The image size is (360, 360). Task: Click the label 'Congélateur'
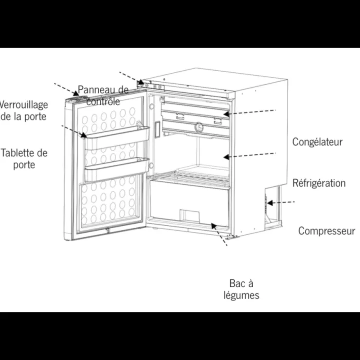(x=317, y=142)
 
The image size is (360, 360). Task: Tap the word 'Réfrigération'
(x=319, y=183)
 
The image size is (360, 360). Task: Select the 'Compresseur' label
(x=326, y=231)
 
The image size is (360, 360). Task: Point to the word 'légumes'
(x=241, y=295)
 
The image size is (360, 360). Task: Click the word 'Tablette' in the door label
(x=18, y=153)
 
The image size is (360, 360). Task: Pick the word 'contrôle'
(x=103, y=102)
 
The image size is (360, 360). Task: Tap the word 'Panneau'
(x=94, y=90)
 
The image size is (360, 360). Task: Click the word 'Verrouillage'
(x=24, y=105)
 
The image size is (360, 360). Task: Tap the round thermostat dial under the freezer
(x=199, y=127)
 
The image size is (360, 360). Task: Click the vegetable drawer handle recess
(x=189, y=216)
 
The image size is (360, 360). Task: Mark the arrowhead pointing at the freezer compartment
(x=226, y=114)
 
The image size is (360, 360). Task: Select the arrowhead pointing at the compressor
(x=270, y=203)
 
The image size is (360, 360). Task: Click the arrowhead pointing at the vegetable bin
(x=214, y=226)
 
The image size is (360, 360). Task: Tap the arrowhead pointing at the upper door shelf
(x=84, y=135)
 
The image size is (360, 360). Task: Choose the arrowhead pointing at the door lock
(x=76, y=93)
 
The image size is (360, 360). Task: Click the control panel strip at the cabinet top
(x=151, y=86)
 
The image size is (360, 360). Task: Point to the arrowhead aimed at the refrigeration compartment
(x=226, y=157)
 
